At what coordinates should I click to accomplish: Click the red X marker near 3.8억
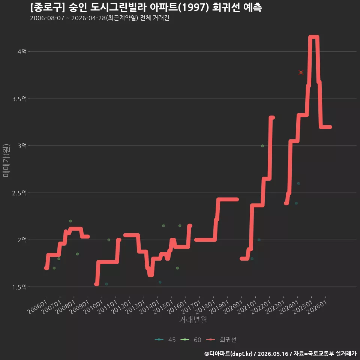tap(301, 72)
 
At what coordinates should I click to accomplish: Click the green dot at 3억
tap(262, 146)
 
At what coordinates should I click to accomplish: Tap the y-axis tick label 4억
tap(22, 52)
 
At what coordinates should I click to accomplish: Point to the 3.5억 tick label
tap(19, 99)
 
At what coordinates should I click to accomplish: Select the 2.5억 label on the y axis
tap(19, 193)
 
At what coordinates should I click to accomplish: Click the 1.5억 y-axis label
tap(19, 287)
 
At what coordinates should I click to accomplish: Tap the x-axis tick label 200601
tap(37, 307)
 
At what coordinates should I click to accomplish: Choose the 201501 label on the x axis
tap(163, 307)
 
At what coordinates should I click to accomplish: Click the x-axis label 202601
tap(317, 307)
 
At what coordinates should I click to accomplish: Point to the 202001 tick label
tap(233, 307)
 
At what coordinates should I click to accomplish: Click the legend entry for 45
tap(165, 340)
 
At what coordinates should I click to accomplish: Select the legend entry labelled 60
tap(191, 340)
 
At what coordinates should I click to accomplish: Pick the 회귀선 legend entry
tap(221, 340)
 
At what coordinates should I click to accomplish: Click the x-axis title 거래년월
tap(193, 319)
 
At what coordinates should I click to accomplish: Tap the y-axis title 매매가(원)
tap(6, 160)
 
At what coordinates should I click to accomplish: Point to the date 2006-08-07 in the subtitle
tap(47, 18)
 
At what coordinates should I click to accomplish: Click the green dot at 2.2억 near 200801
tap(70, 221)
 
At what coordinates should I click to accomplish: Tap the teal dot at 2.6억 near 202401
tap(298, 183)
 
